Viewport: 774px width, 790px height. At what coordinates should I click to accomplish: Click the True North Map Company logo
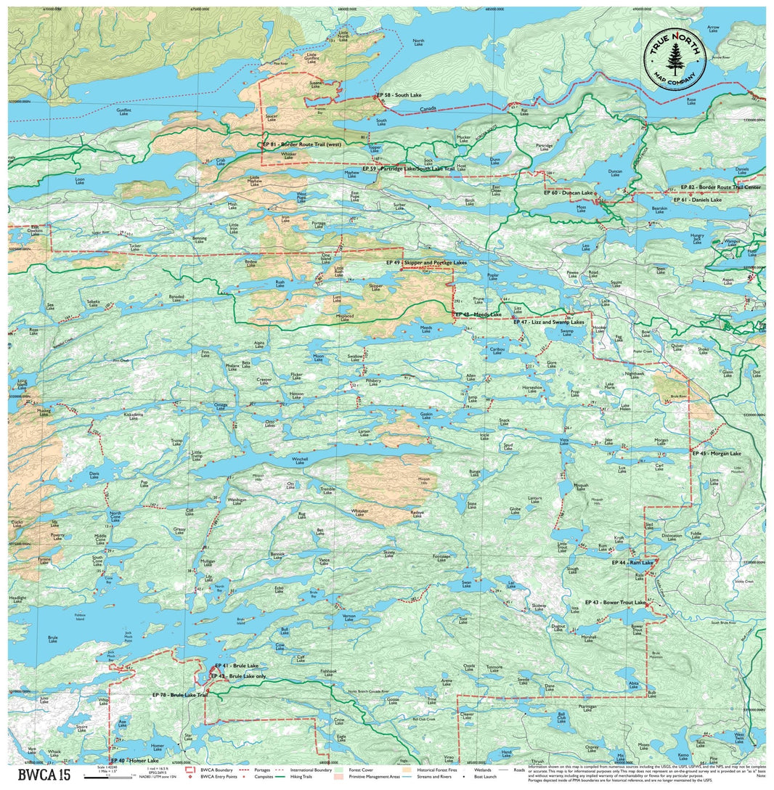[x=675, y=60]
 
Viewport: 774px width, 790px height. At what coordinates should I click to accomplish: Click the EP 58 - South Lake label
[x=399, y=96]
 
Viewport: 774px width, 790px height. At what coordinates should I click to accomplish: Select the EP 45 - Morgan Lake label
[x=717, y=453]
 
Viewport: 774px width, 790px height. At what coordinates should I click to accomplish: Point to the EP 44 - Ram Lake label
[x=632, y=563]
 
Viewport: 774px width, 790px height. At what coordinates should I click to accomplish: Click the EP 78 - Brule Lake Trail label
[x=180, y=695]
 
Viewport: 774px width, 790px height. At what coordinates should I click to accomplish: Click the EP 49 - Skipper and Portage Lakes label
[x=426, y=262]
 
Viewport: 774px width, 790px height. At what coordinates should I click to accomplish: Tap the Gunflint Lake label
[x=124, y=113]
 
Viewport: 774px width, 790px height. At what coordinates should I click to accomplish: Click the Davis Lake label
[x=94, y=475]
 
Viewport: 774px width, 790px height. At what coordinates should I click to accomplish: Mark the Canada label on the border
[x=429, y=110]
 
